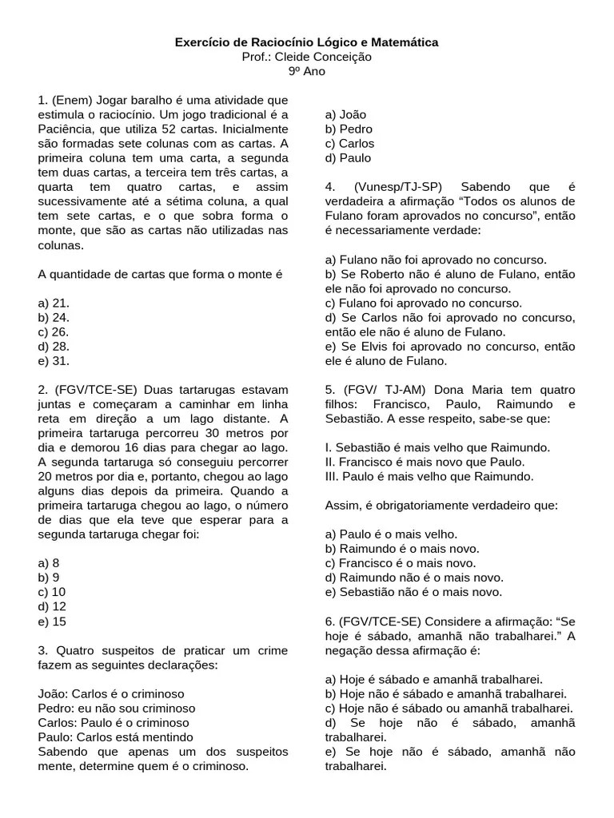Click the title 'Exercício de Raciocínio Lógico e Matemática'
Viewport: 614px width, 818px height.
click(306, 42)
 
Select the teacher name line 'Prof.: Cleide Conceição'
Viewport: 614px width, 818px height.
click(306, 57)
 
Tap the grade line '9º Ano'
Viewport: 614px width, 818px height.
click(306, 71)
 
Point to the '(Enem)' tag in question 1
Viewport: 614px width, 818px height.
click(73, 101)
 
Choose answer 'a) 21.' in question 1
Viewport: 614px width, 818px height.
click(54, 303)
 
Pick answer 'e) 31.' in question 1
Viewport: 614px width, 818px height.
click(54, 360)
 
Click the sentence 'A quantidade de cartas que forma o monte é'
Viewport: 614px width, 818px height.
click(161, 274)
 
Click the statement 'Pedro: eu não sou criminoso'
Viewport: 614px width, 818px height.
click(117, 708)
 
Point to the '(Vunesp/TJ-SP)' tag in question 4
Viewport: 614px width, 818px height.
click(397, 187)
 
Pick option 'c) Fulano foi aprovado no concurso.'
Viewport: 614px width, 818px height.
click(423, 303)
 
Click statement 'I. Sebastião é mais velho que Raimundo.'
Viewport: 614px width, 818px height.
click(437, 447)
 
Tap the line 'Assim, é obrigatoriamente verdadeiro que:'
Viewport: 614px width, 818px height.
click(441, 505)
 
